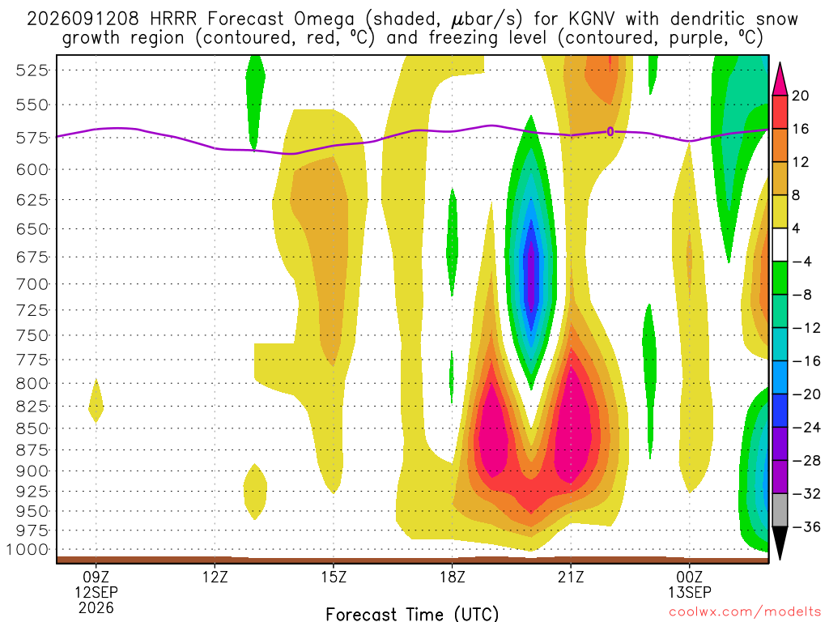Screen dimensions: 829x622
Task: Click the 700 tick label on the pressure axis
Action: (x=32, y=284)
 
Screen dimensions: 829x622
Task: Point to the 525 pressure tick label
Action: (x=32, y=70)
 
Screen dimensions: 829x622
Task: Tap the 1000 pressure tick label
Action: (x=28, y=550)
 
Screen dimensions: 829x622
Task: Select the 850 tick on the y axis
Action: (x=32, y=428)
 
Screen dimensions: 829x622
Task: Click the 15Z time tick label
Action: (x=334, y=577)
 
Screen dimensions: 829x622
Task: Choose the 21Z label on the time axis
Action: (x=571, y=577)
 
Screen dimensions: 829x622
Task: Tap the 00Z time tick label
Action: (x=690, y=577)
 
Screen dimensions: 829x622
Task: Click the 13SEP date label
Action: (x=690, y=592)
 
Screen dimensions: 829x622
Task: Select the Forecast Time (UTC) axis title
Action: (x=412, y=614)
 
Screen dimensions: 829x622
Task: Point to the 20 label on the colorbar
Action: (x=801, y=96)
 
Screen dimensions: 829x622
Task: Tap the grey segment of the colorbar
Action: (x=780, y=510)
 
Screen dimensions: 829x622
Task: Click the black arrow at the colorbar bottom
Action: (x=780, y=542)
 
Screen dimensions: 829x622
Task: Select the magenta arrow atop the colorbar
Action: (x=780, y=80)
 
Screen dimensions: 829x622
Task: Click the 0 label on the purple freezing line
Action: (x=610, y=132)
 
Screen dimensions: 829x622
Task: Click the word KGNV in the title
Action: (x=592, y=19)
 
